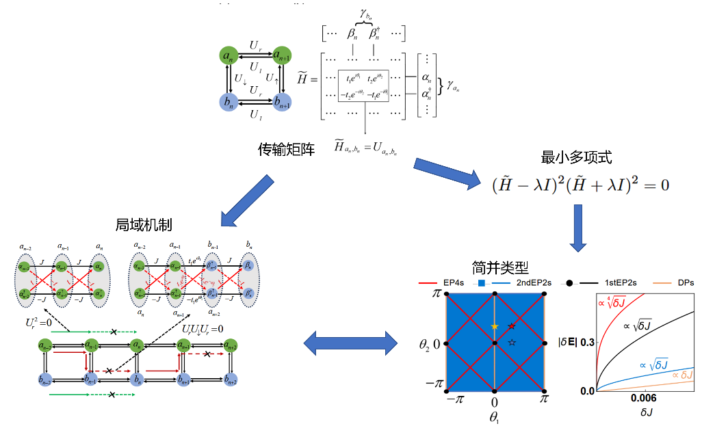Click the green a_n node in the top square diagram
[227, 54]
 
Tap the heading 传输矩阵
[286, 148]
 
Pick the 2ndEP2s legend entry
[519, 282]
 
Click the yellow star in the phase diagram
[495, 326]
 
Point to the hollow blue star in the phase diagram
[512, 341]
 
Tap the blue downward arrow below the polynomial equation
[578, 228]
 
